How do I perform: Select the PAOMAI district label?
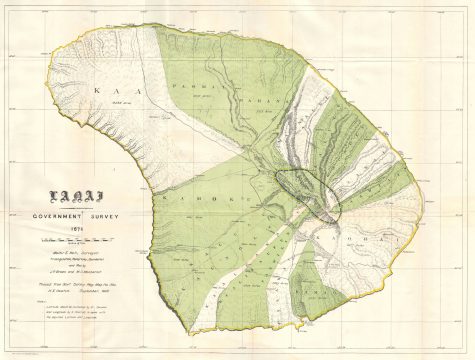click(x=190, y=89)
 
